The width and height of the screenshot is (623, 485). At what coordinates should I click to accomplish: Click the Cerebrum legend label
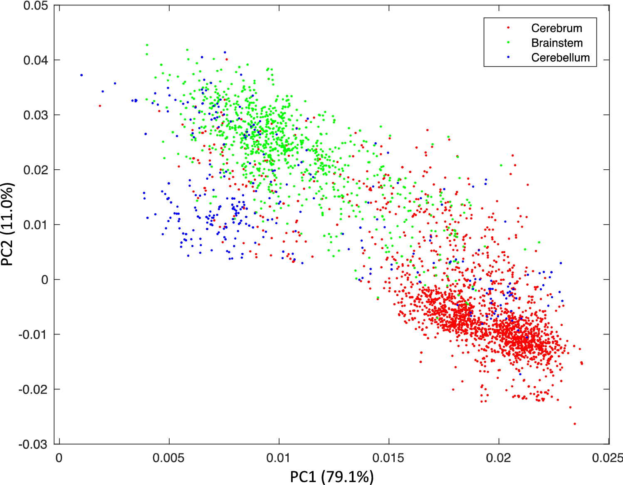[556, 28]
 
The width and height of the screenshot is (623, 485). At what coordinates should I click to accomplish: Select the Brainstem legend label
[557, 43]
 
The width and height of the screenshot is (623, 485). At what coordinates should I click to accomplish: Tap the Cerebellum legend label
[560, 57]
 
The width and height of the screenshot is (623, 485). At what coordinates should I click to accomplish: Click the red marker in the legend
[508, 28]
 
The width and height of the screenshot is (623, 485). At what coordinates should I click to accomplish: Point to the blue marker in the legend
[508, 57]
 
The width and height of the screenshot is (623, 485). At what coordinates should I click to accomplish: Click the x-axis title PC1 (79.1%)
[332, 477]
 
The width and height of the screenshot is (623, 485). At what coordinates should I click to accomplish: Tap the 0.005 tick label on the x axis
[169, 458]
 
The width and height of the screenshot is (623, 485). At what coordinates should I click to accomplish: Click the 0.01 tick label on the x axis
[279, 458]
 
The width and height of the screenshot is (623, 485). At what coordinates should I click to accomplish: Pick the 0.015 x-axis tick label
[388, 458]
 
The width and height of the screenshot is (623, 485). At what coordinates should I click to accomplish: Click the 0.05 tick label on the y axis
[36, 6]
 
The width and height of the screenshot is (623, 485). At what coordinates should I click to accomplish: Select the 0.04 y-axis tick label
[36, 60]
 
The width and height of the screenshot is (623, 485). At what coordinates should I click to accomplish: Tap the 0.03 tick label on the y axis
[36, 115]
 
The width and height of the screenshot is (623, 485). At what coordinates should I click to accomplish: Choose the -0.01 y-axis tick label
[34, 334]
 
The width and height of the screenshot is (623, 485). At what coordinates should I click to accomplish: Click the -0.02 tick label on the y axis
[34, 389]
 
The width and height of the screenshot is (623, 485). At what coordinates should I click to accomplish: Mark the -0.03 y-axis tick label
[34, 444]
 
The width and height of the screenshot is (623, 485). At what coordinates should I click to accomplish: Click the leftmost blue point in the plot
[82, 75]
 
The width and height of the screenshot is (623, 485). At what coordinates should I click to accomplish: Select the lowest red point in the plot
[575, 424]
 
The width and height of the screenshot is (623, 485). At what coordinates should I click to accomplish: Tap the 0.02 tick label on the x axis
[498, 458]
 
